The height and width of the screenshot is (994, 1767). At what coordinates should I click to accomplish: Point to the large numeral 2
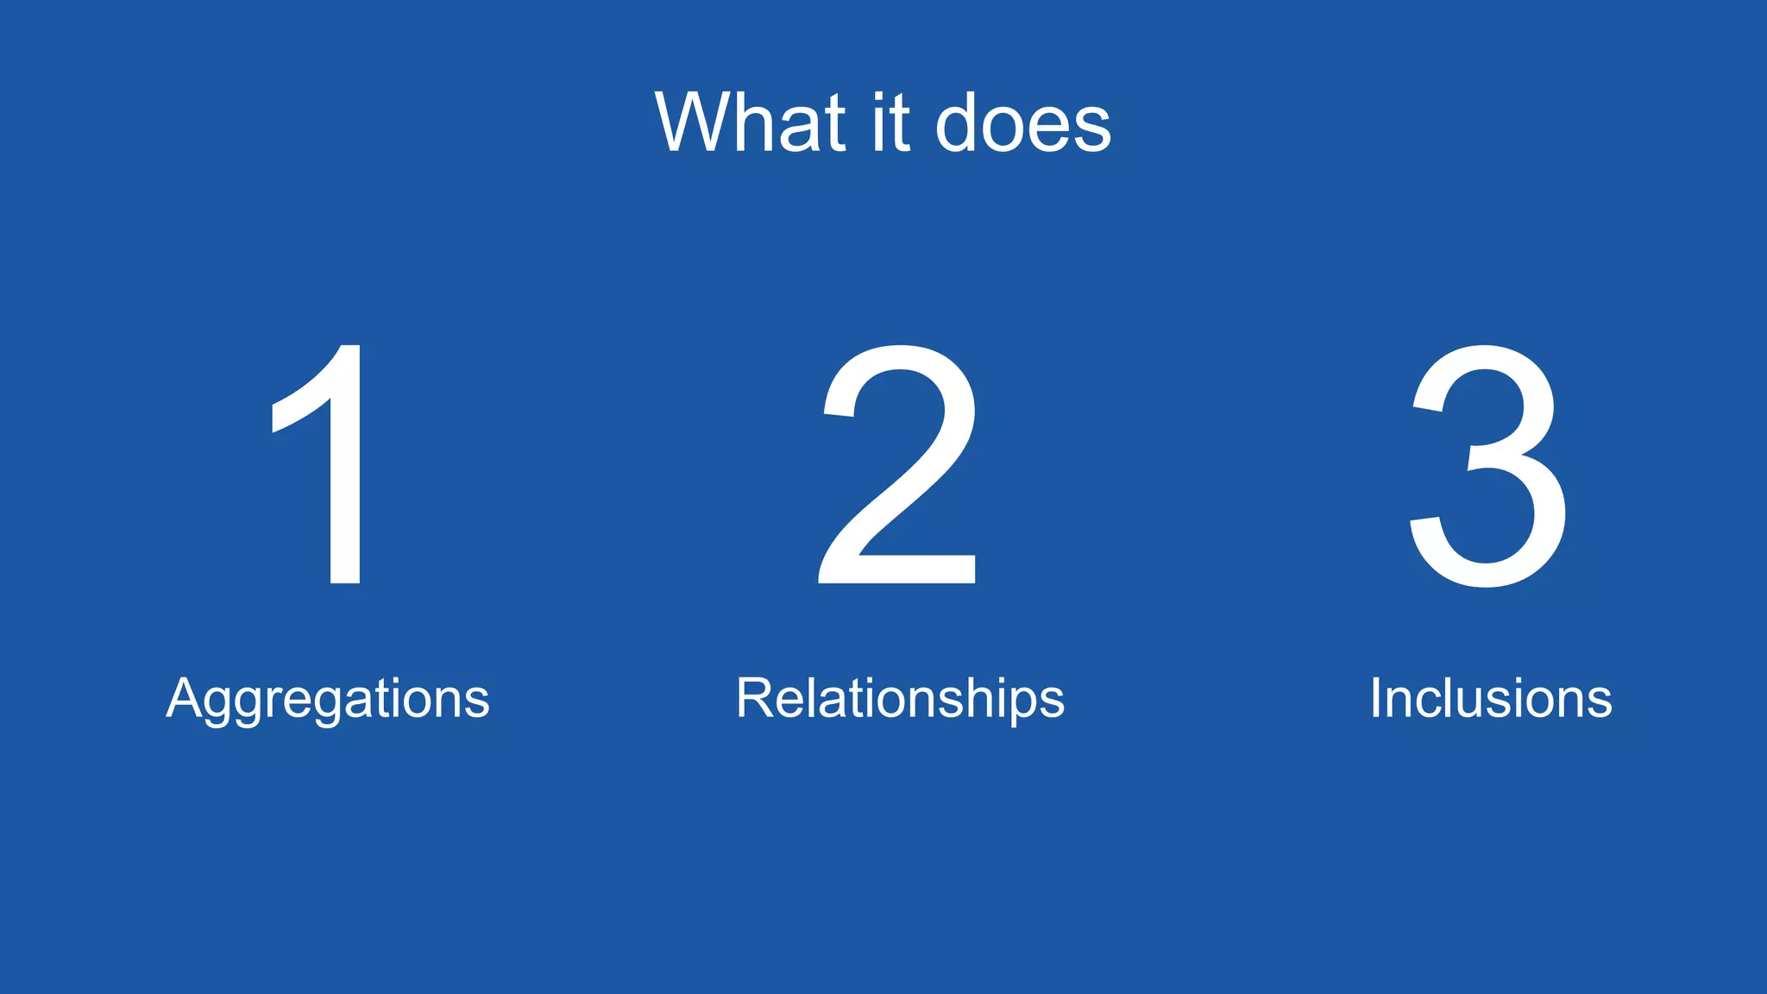(898, 466)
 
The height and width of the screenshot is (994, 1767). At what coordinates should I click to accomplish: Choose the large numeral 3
(1487, 466)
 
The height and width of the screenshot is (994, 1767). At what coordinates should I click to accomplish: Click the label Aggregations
(328, 699)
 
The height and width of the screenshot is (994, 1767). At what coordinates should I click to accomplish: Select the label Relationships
(900, 699)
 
